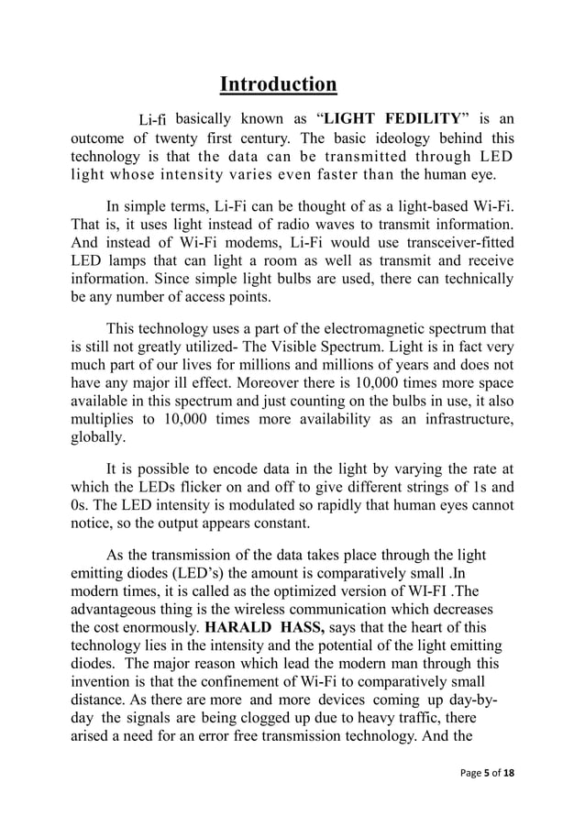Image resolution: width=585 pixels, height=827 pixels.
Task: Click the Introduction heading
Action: coord(279,85)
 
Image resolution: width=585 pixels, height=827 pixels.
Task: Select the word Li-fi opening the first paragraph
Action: coord(151,119)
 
